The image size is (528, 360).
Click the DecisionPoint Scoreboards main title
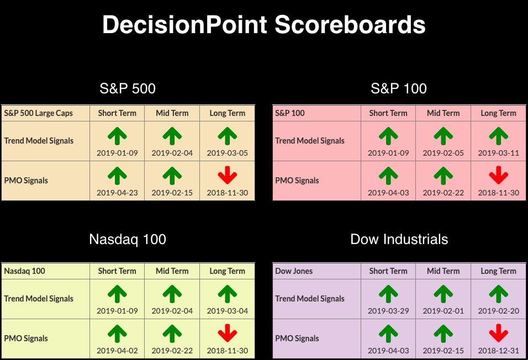pos(264,25)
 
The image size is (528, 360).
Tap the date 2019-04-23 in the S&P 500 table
pos(117,193)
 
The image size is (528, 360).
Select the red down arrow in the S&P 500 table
pos(228,175)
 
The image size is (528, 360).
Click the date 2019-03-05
pos(228,153)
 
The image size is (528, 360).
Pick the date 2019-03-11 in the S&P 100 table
pos(498,153)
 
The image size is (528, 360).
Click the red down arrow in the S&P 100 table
pos(498,175)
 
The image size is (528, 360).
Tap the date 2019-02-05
pos(443,153)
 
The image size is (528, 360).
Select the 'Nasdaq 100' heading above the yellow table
pos(128,239)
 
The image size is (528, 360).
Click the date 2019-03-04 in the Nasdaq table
pos(228,311)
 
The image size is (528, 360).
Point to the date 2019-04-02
pos(117,351)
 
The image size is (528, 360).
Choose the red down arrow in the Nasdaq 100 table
pos(228,333)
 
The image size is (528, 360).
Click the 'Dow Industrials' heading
pos(399,239)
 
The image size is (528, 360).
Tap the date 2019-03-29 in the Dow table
pos(388,311)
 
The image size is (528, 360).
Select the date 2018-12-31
pos(498,351)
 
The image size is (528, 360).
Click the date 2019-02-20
pos(498,311)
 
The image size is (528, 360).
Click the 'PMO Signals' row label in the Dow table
pos(297,338)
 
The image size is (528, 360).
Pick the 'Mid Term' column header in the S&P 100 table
pos(443,113)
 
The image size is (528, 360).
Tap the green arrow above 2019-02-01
pos(443,294)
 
